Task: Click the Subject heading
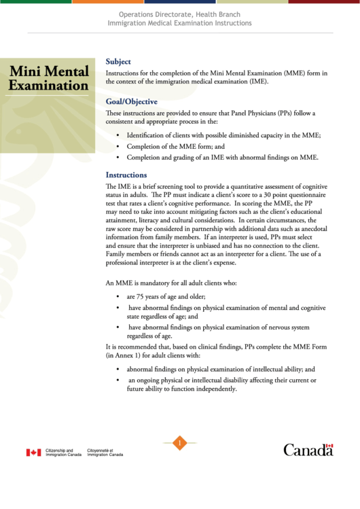(x=118, y=61)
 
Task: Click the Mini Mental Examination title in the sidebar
(x=48, y=79)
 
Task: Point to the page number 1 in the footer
(x=179, y=444)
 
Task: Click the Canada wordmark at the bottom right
(x=308, y=450)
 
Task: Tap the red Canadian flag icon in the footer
(x=33, y=453)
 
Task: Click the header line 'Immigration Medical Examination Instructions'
(x=179, y=23)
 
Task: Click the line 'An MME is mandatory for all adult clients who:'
(x=180, y=281)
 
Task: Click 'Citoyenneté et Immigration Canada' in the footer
(x=105, y=453)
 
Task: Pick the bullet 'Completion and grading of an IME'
(x=222, y=158)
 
